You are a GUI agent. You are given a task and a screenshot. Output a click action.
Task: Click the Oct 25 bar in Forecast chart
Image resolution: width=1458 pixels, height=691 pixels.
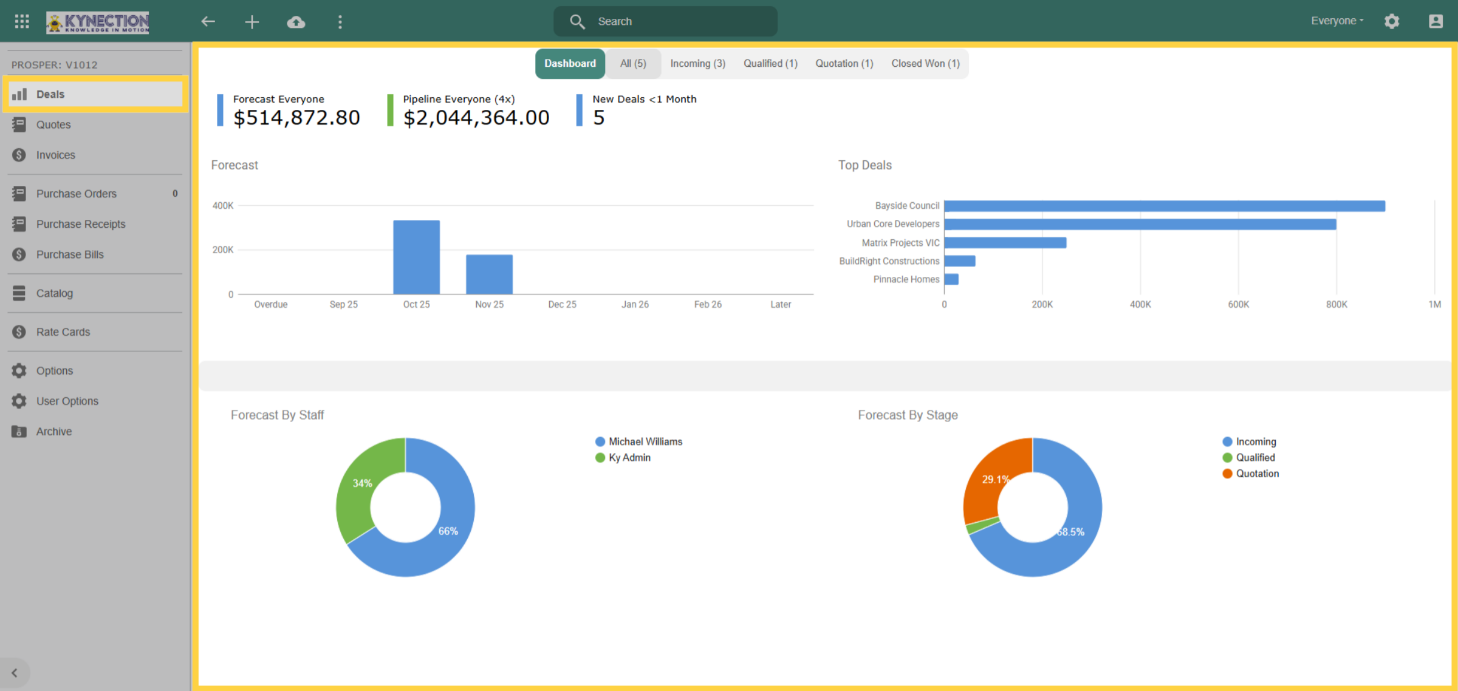tap(416, 257)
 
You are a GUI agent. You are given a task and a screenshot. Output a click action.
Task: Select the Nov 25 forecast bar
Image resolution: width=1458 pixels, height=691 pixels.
tap(489, 274)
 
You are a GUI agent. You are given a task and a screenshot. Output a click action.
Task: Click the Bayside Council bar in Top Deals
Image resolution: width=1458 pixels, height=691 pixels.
tap(1165, 206)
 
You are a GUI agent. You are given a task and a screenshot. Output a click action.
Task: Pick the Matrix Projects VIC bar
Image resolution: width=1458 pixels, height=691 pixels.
tap(1005, 243)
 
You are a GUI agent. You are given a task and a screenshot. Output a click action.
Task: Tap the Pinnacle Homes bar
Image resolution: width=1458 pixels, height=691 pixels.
tap(951, 279)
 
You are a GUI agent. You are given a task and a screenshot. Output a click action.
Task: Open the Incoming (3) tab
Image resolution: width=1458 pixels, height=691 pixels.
tap(697, 63)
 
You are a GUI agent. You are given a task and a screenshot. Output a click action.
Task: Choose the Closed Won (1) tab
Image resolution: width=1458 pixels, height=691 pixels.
tap(925, 63)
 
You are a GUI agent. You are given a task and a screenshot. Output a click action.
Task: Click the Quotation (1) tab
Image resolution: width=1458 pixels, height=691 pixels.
tap(844, 63)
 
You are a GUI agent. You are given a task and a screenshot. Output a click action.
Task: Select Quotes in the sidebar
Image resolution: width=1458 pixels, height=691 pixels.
tap(53, 124)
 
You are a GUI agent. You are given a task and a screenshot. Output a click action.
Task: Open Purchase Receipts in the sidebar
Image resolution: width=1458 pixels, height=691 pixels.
tap(81, 224)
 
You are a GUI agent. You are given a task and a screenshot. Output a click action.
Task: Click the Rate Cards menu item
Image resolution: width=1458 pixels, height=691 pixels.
tap(63, 332)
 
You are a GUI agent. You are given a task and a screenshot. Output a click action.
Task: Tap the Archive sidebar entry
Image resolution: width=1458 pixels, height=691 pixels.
tap(54, 432)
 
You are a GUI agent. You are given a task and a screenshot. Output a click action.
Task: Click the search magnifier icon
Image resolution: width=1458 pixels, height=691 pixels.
tap(577, 22)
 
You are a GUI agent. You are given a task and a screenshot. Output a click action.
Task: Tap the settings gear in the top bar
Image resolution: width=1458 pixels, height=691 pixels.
tap(1392, 21)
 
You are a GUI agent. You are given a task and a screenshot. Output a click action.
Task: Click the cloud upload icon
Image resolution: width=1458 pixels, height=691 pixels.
tap(296, 22)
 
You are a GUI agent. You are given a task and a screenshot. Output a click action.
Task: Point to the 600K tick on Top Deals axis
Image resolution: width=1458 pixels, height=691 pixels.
tap(1238, 304)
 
